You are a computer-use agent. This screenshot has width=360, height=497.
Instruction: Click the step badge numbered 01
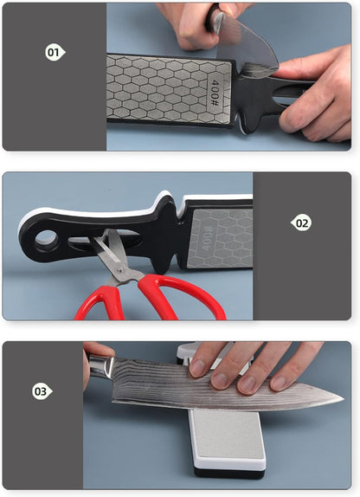click(55, 52)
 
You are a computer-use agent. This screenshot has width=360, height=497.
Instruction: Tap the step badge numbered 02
click(301, 223)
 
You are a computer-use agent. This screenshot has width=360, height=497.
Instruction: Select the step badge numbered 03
click(42, 391)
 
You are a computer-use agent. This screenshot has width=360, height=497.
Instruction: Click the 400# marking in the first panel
click(215, 93)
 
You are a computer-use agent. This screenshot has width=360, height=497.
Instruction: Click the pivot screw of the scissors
click(119, 270)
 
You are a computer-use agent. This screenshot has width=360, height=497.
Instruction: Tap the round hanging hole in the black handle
click(47, 239)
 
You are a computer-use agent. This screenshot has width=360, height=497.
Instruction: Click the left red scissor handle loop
click(100, 303)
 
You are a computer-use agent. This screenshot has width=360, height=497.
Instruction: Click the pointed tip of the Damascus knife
click(344, 399)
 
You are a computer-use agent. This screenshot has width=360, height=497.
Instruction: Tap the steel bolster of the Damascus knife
click(100, 366)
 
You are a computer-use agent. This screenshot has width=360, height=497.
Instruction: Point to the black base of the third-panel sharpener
click(230, 473)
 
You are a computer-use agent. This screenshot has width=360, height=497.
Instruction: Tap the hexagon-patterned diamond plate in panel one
click(169, 87)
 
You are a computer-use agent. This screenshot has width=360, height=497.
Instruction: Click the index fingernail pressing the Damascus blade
click(197, 368)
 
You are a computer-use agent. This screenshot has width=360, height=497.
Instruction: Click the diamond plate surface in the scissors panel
click(222, 238)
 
